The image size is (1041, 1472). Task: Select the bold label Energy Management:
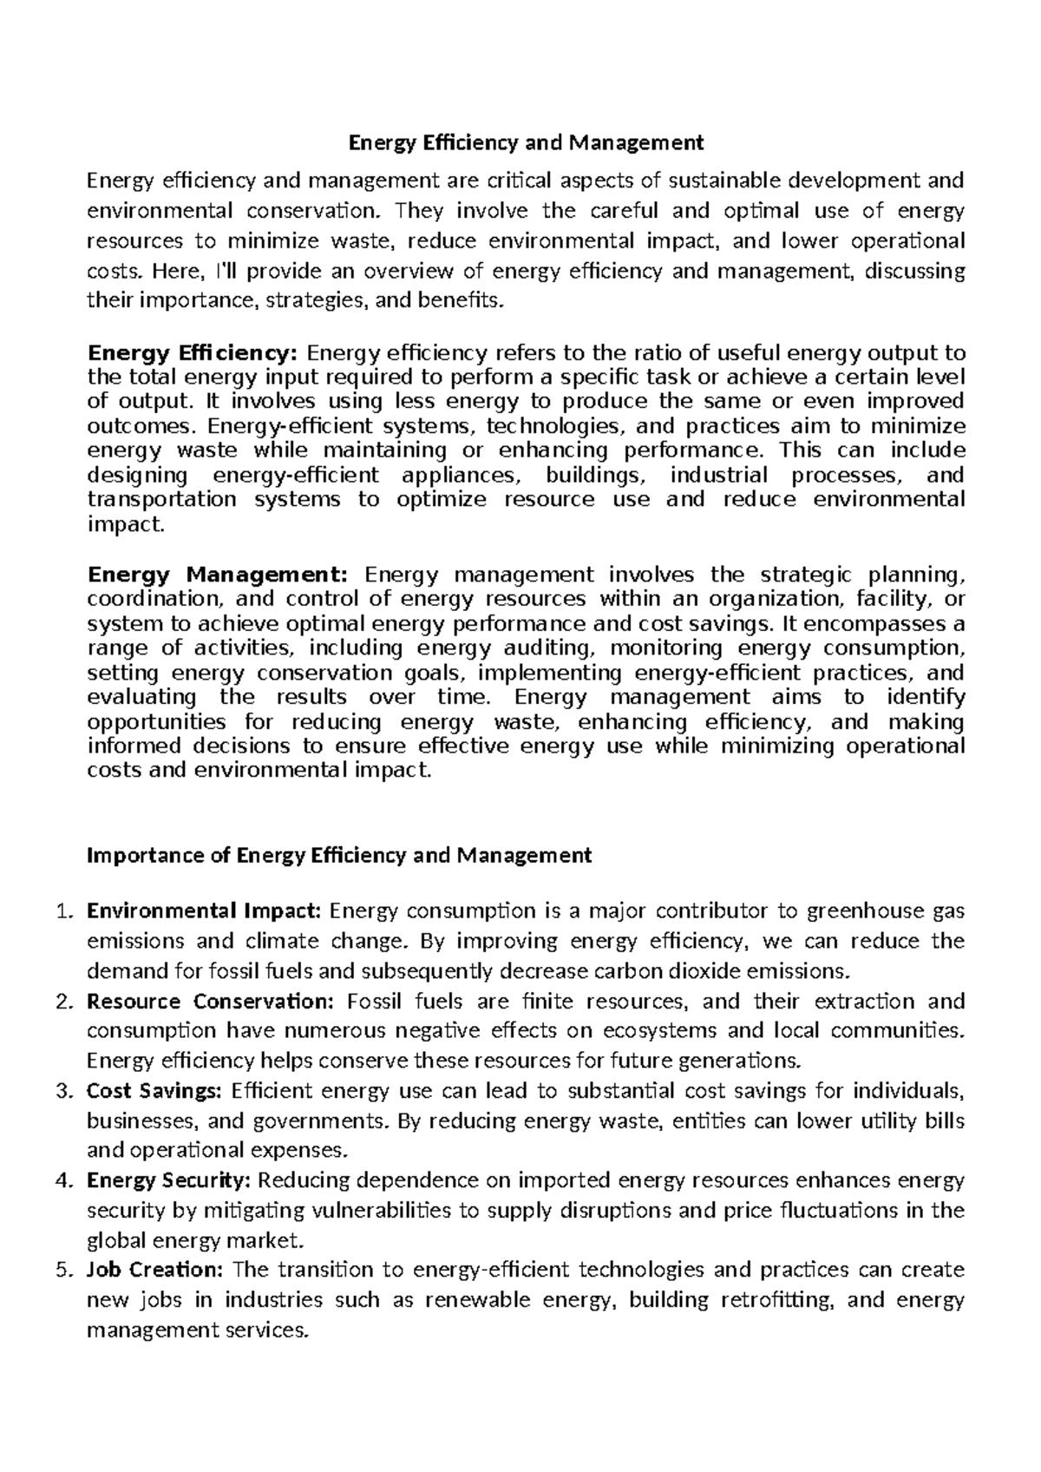coord(218,575)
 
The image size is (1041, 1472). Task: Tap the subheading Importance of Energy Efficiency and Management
coord(339,856)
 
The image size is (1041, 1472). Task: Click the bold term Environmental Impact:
coord(205,911)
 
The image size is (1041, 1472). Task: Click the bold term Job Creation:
coord(155,1271)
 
